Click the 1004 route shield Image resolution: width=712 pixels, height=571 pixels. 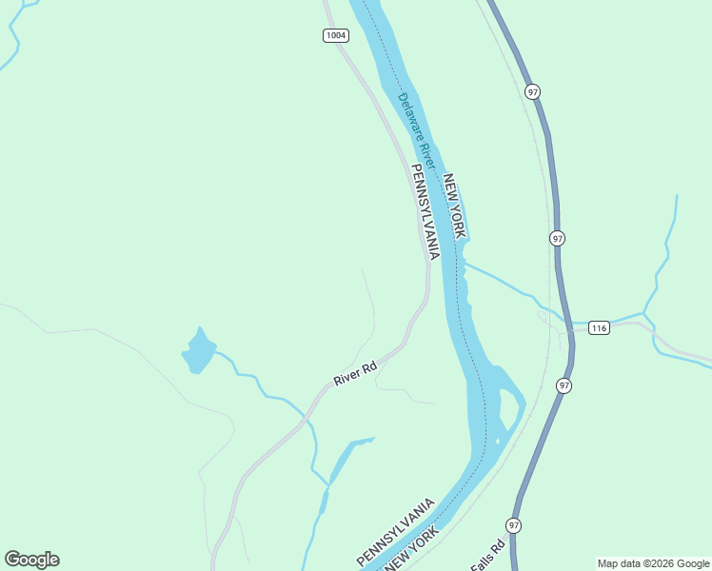335,35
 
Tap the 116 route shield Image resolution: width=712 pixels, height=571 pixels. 598,328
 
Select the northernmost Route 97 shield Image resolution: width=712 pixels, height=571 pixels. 532,92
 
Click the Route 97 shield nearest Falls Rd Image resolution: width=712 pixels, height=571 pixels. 514,525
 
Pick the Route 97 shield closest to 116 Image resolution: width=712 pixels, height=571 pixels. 564,384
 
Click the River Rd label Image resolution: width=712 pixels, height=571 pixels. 355,373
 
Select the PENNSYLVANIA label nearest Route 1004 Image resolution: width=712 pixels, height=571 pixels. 425,211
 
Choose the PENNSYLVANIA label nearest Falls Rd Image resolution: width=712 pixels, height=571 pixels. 395,531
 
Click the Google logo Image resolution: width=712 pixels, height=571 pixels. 31,560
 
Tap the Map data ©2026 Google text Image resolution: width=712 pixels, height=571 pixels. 653,563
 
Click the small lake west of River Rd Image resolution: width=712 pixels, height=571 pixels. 198,352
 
